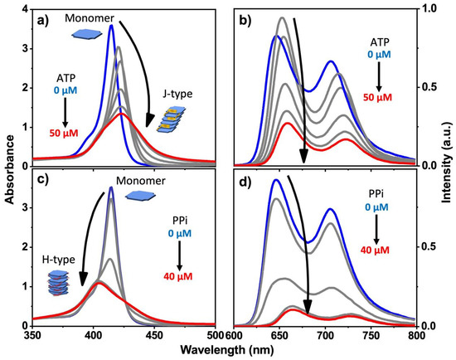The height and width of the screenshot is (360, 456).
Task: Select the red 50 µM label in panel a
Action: click(x=65, y=133)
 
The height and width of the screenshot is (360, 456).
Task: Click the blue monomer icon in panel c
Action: click(x=133, y=194)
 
